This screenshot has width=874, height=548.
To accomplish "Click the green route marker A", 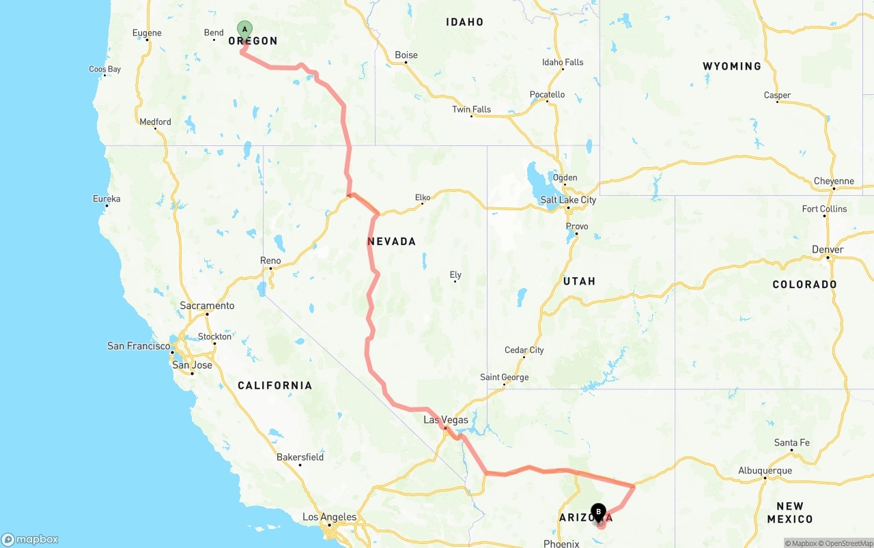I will click(244, 29).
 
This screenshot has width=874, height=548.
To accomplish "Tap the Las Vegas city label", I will click(445, 420).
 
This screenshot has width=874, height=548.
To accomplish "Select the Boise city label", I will click(406, 55).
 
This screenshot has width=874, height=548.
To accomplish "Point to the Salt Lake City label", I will click(568, 200).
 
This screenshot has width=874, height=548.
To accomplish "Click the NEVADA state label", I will click(391, 242).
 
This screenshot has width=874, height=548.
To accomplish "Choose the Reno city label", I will click(270, 261).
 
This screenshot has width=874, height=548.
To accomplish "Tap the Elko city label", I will click(423, 198).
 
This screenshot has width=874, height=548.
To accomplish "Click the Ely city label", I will click(455, 275).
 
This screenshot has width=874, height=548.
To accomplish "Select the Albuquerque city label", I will click(765, 471).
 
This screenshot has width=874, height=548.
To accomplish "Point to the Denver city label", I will click(828, 250).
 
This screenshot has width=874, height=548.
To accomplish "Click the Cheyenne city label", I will click(834, 182).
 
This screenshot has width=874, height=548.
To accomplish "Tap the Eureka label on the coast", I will click(107, 199).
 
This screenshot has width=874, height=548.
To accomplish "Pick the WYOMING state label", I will click(731, 66).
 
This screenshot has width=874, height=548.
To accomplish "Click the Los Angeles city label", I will click(329, 517).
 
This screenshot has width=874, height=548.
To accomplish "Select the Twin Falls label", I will click(471, 110).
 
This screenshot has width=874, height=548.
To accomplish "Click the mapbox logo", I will click(30, 540).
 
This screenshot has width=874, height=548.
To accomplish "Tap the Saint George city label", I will click(504, 377).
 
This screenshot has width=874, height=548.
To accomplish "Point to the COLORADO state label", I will click(804, 285).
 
